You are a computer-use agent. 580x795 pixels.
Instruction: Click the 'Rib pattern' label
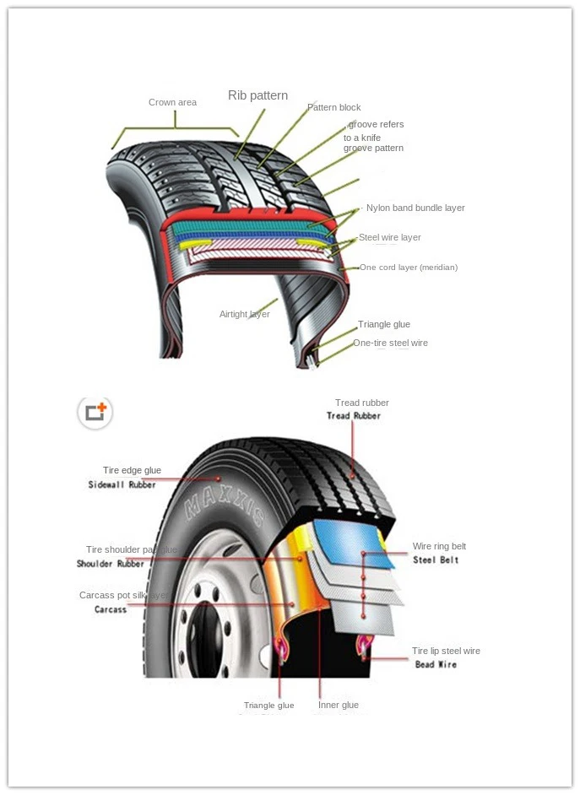pos(257,95)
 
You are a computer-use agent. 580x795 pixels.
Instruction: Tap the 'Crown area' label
pos(172,103)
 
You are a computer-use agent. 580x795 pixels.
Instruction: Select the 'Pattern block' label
pos(333,108)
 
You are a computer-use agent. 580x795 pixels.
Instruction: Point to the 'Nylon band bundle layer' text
pos(415,208)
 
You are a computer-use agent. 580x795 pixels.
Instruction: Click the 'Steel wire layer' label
pos(389,238)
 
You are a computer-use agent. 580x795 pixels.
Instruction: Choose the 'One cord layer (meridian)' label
pos(408,268)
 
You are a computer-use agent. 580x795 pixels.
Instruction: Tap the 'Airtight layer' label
pos(244,315)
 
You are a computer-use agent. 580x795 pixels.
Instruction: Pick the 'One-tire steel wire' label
pos(390,343)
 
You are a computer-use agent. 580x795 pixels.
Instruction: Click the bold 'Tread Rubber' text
pos(354,416)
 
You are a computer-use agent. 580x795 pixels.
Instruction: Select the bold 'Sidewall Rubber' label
pos(122,485)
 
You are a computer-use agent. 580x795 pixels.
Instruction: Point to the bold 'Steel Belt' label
pos(436,560)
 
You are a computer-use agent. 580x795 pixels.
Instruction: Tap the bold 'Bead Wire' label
pos(436,665)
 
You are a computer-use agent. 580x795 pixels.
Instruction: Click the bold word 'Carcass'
pos(111,609)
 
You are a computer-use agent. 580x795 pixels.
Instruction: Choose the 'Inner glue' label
pos(339,706)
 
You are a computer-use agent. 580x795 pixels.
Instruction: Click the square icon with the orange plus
pos(95,412)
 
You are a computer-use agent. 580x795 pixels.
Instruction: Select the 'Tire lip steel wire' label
pos(446,652)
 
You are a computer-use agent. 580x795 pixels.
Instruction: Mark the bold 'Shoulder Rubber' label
pos(111,564)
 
